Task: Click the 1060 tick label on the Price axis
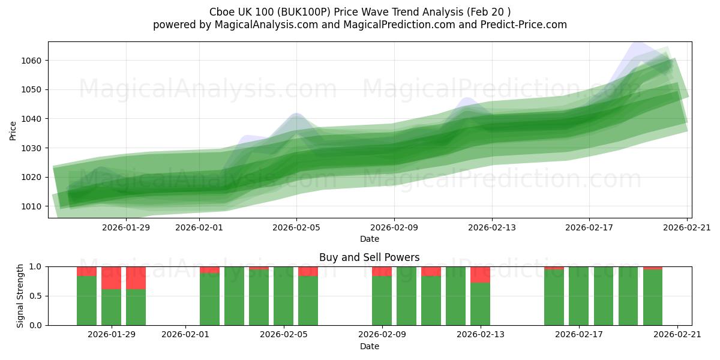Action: pos(33,61)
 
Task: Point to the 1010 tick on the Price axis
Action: pos(33,206)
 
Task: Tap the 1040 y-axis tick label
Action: pos(33,119)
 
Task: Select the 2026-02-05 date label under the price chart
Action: pos(296,227)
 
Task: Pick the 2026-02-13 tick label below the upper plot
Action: pos(492,227)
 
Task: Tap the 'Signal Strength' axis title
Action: pos(20,296)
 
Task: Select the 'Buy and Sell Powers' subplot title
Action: pos(370,257)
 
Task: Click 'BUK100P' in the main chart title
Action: pos(303,12)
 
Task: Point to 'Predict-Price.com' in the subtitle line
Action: pos(520,25)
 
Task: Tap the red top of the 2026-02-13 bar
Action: pos(480,274)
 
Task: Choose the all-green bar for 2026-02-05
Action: pos(283,296)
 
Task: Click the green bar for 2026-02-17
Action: pos(578,296)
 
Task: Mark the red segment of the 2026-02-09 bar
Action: pos(382,271)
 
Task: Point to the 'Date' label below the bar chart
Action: pos(370,346)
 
